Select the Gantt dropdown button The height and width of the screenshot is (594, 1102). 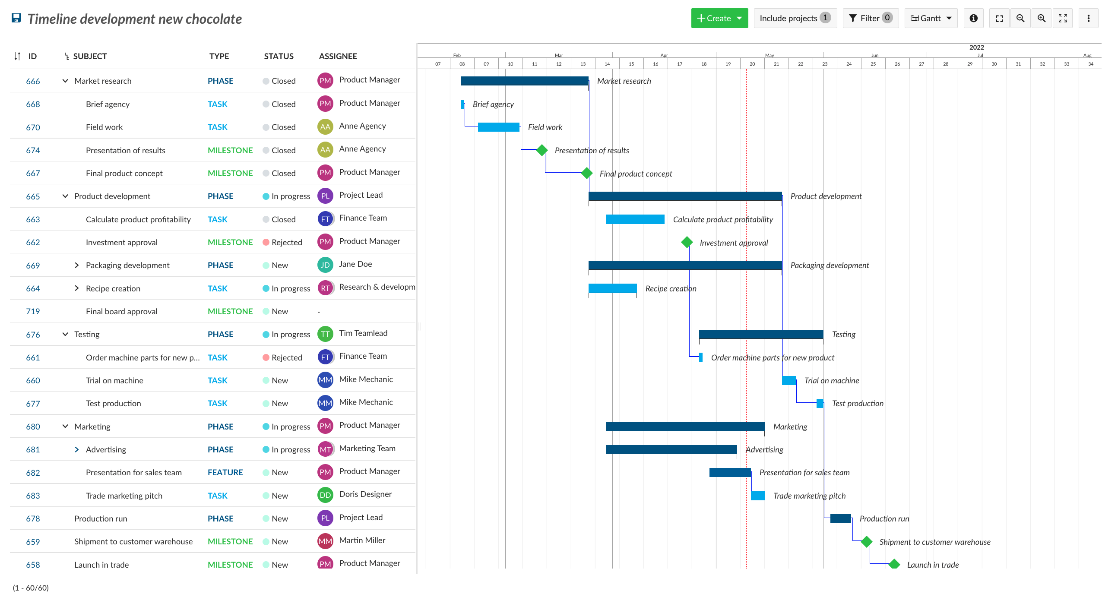pyautogui.click(x=931, y=18)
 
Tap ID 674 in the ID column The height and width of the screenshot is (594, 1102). pyautogui.click(x=33, y=150)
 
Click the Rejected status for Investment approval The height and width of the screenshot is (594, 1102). pyautogui.click(x=286, y=242)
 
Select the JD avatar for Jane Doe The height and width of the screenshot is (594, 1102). pyautogui.click(x=325, y=265)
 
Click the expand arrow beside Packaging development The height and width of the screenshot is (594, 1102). pyautogui.click(x=77, y=265)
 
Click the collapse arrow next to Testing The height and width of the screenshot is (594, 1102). pyautogui.click(x=65, y=334)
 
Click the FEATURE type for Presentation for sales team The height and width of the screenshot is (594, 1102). pyautogui.click(x=225, y=472)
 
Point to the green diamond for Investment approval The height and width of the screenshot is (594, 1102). pyautogui.click(x=687, y=242)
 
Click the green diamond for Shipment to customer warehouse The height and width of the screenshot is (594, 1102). pyautogui.click(x=866, y=541)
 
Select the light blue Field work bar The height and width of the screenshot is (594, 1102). pyautogui.click(x=498, y=127)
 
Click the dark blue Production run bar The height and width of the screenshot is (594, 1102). pyautogui.click(x=840, y=518)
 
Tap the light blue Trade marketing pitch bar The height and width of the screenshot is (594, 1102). pyautogui.click(x=757, y=496)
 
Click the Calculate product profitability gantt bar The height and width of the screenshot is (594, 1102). pyautogui.click(x=635, y=219)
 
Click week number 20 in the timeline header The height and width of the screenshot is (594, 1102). pyautogui.click(x=752, y=64)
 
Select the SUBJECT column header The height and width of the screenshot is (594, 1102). pyautogui.click(x=90, y=56)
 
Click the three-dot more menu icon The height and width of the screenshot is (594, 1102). pyautogui.click(x=1088, y=18)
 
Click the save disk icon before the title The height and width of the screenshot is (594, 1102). pyautogui.click(x=16, y=18)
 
